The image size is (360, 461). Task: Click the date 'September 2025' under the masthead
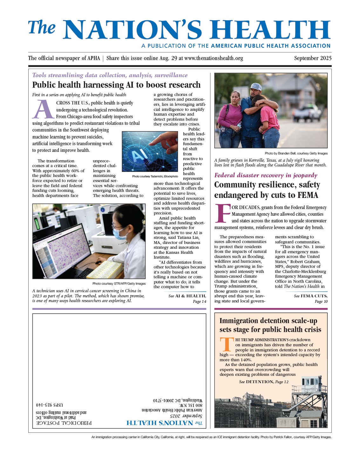[x=313, y=58]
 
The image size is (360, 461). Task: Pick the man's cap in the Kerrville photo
[x=256, y=87]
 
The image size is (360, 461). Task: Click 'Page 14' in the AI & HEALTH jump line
[x=199, y=302]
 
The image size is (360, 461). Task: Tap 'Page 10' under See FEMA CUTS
[x=321, y=302]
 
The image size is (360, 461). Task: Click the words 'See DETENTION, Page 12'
[x=264, y=382]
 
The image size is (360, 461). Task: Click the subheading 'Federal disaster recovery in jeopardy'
[x=266, y=175]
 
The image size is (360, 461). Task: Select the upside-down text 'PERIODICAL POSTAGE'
[x=64, y=423]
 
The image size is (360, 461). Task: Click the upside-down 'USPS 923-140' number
[x=49, y=405]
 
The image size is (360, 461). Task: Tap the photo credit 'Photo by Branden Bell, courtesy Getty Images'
[x=296, y=153]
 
